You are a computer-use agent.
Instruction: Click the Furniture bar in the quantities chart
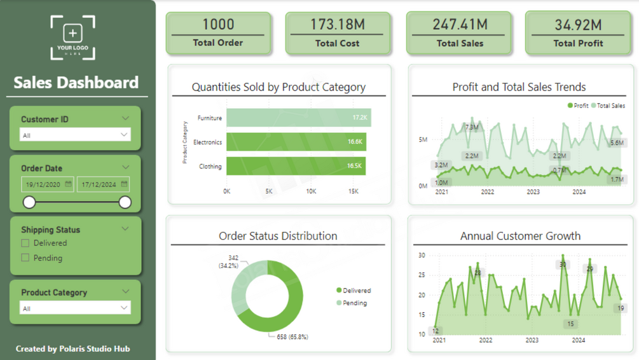[x=299, y=118]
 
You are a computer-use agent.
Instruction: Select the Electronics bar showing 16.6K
[x=296, y=142]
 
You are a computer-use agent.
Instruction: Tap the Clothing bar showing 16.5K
[x=296, y=166]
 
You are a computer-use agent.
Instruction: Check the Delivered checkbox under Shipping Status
[x=25, y=243]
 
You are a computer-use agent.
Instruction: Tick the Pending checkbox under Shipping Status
[x=25, y=258]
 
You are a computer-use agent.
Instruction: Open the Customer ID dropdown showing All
[x=75, y=135]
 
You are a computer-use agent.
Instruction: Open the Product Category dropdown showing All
[x=75, y=308]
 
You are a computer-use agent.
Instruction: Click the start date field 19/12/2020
[x=47, y=184]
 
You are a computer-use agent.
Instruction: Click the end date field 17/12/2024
[x=104, y=184]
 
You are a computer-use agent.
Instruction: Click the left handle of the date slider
[x=29, y=202]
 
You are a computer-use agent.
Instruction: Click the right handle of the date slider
[x=125, y=202]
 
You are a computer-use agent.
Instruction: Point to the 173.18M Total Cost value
[x=338, y=24]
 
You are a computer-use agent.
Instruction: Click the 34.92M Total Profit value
[x=578, y=25]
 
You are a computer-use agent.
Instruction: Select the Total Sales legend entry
[x=608, y=106]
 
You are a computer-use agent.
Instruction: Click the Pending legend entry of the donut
[x=352, y=303]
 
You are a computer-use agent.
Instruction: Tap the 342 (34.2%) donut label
[x=229, y=262]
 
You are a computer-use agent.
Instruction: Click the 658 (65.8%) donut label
[x=292, y=336]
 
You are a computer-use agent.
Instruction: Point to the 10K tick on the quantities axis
[x=311, y=191]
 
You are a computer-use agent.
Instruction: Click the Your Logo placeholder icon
[x=73, y=38]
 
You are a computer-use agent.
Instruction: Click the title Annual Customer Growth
[x=520, y=235]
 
